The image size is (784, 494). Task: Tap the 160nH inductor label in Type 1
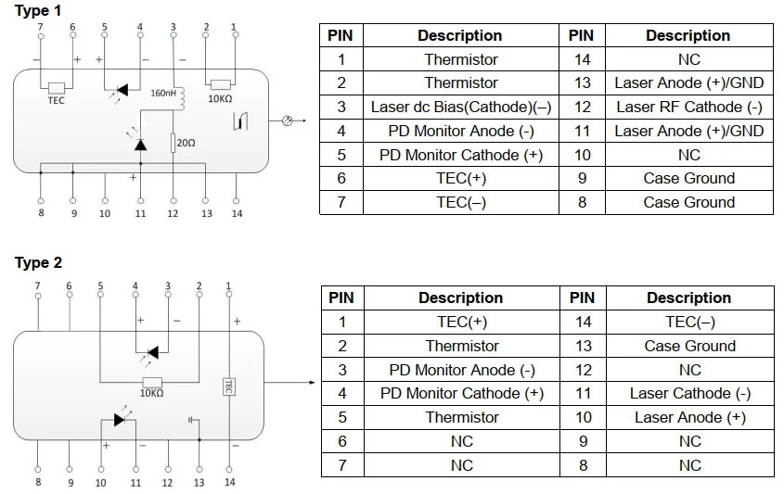[162, 92]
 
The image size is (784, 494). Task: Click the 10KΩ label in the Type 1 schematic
[220, 98]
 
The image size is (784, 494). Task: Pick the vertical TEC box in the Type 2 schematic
[228, 386]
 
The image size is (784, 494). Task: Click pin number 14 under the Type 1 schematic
[237, 214]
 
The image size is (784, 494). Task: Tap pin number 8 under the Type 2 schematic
[38, 482]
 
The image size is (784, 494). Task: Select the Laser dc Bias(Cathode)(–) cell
[461, 108]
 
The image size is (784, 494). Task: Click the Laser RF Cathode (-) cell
[688, 108]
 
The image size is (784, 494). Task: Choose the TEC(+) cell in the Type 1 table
[461, 179]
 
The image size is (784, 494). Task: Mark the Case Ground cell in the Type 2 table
[689, 346]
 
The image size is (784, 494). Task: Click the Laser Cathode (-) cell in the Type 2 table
[689, 394]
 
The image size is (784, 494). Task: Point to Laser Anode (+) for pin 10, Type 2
[689, 418]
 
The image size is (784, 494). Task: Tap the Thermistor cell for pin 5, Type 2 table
[462, 418]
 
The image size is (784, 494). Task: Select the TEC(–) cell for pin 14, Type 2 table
[689, 323]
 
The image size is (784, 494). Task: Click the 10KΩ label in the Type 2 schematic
[151, 393]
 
